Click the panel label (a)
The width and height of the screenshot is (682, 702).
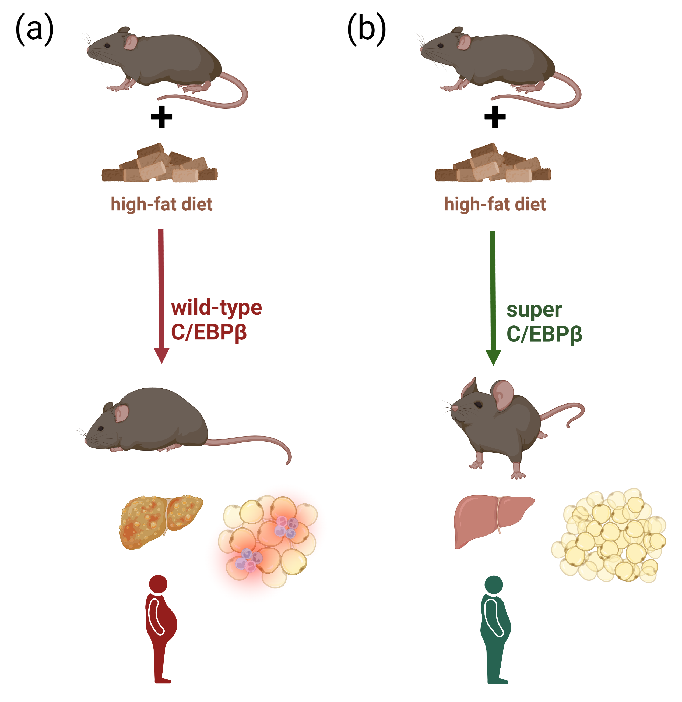point(34,29)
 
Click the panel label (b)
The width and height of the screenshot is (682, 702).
point(366,29)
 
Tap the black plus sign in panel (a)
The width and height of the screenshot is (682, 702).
point(161,117)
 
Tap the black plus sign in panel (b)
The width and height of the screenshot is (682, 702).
point(495,117)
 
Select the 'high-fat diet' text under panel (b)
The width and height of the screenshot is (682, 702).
point(495,204)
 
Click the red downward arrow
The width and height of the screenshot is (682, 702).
point(161,294)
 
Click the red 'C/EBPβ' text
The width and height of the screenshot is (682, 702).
point(209,332)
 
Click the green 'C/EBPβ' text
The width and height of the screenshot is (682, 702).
point(544,334)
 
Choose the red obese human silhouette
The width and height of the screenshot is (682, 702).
point(161,630)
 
